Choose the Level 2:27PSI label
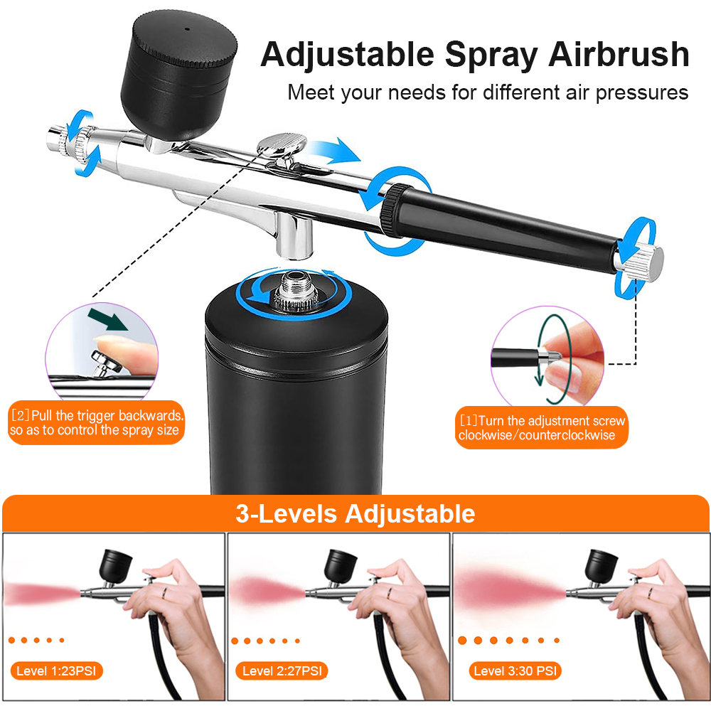coord(282,670)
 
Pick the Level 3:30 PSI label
coord(515,670)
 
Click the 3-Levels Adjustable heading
coord(355,513)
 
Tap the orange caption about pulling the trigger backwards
coord(97,423)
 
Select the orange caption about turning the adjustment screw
coord(542,428)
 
